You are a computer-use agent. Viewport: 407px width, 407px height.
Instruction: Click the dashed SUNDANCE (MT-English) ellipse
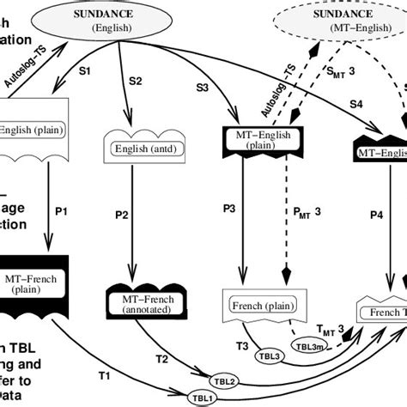tap(344, 21)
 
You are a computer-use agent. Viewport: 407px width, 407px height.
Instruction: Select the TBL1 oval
tap(201, 397)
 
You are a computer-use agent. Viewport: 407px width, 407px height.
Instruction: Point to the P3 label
tap(229, 209)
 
